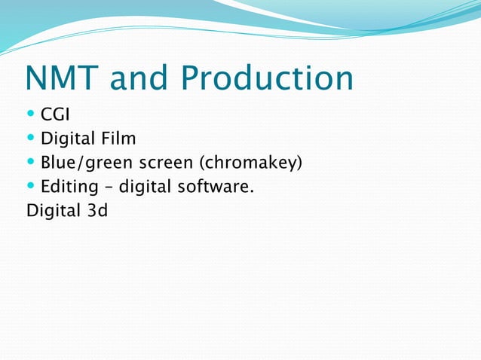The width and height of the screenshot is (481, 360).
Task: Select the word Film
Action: coord(118,139)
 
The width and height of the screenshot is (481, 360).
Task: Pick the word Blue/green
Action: coord(85,162)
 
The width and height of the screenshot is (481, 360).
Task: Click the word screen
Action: coord(164,162)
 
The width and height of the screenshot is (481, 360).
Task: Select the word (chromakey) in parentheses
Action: coord(250,162)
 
